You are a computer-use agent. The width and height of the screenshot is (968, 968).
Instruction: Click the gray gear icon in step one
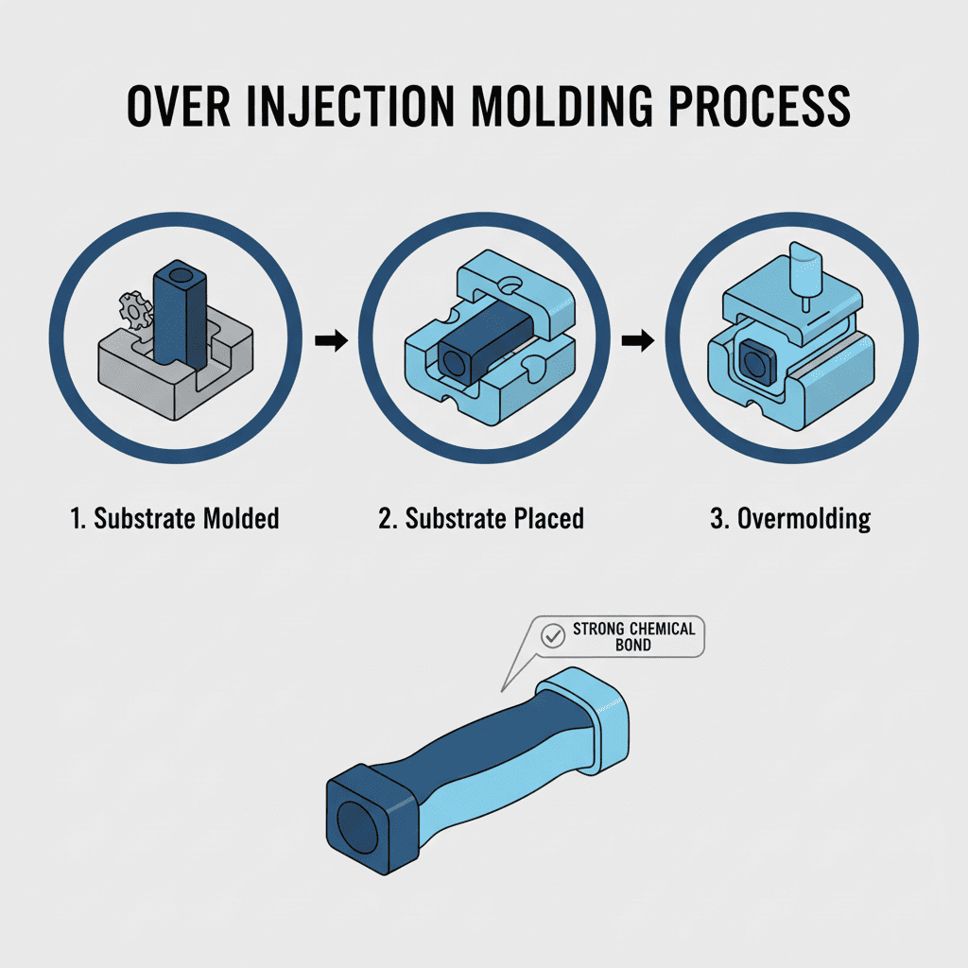pyautogui.click(x=135, y=308)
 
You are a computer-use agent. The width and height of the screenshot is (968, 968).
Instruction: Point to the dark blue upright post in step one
pyautogui.click(x=179, y=312)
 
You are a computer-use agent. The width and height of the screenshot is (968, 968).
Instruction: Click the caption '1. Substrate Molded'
pyautogui.click(x=175, y=518)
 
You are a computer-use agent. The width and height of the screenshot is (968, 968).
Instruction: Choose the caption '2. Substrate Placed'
pyautogui.click(x=481, y=518)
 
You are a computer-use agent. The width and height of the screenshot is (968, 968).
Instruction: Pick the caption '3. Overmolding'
pyautogui.click(x=790, y=519)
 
